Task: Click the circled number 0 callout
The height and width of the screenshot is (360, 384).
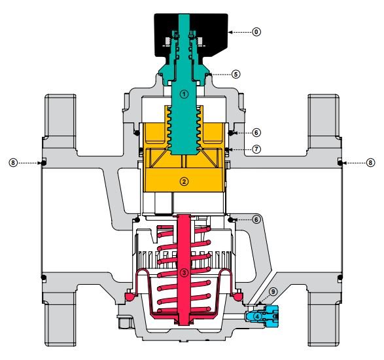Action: (x=256, y=32)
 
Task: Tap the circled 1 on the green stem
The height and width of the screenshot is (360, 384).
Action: (x=184, y=94)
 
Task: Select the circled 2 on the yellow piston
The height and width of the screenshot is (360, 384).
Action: (x=184, y=181)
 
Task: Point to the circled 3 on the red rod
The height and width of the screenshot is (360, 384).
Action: (x=184, y=272)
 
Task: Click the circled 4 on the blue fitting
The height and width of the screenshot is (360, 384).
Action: (x=257, y=316)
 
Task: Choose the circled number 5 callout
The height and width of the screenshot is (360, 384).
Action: (x=236, y=74)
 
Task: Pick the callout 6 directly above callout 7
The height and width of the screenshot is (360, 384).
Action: (x=256, y=133)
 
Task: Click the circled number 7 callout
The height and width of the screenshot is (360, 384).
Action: (x=256, y=149)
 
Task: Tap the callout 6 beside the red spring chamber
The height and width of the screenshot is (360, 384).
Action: (x=256, y=219)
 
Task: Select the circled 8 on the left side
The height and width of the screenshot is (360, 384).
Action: (x=13, y=162)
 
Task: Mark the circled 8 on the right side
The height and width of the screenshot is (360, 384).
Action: (x=370, y=162)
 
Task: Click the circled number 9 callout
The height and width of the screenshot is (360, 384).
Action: (x=273, y=292)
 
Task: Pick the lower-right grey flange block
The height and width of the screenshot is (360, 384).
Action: (x=323, y=319)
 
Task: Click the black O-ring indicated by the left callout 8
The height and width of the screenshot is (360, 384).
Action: (x=44, y=162)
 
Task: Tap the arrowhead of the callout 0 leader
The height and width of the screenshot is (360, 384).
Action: (x=230, y=32)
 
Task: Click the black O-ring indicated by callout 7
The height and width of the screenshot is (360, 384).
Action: (x=226, y=149)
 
